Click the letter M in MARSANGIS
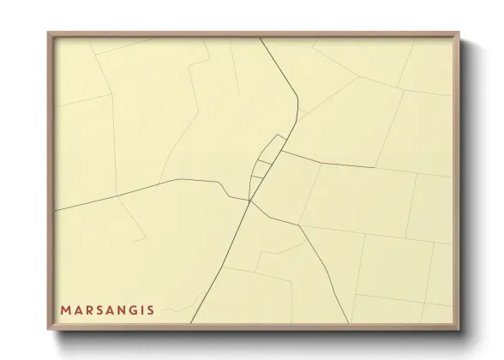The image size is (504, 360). click(66, 309)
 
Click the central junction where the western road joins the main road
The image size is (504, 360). click(249, 201)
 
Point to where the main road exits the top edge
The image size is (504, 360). click(261, 38)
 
